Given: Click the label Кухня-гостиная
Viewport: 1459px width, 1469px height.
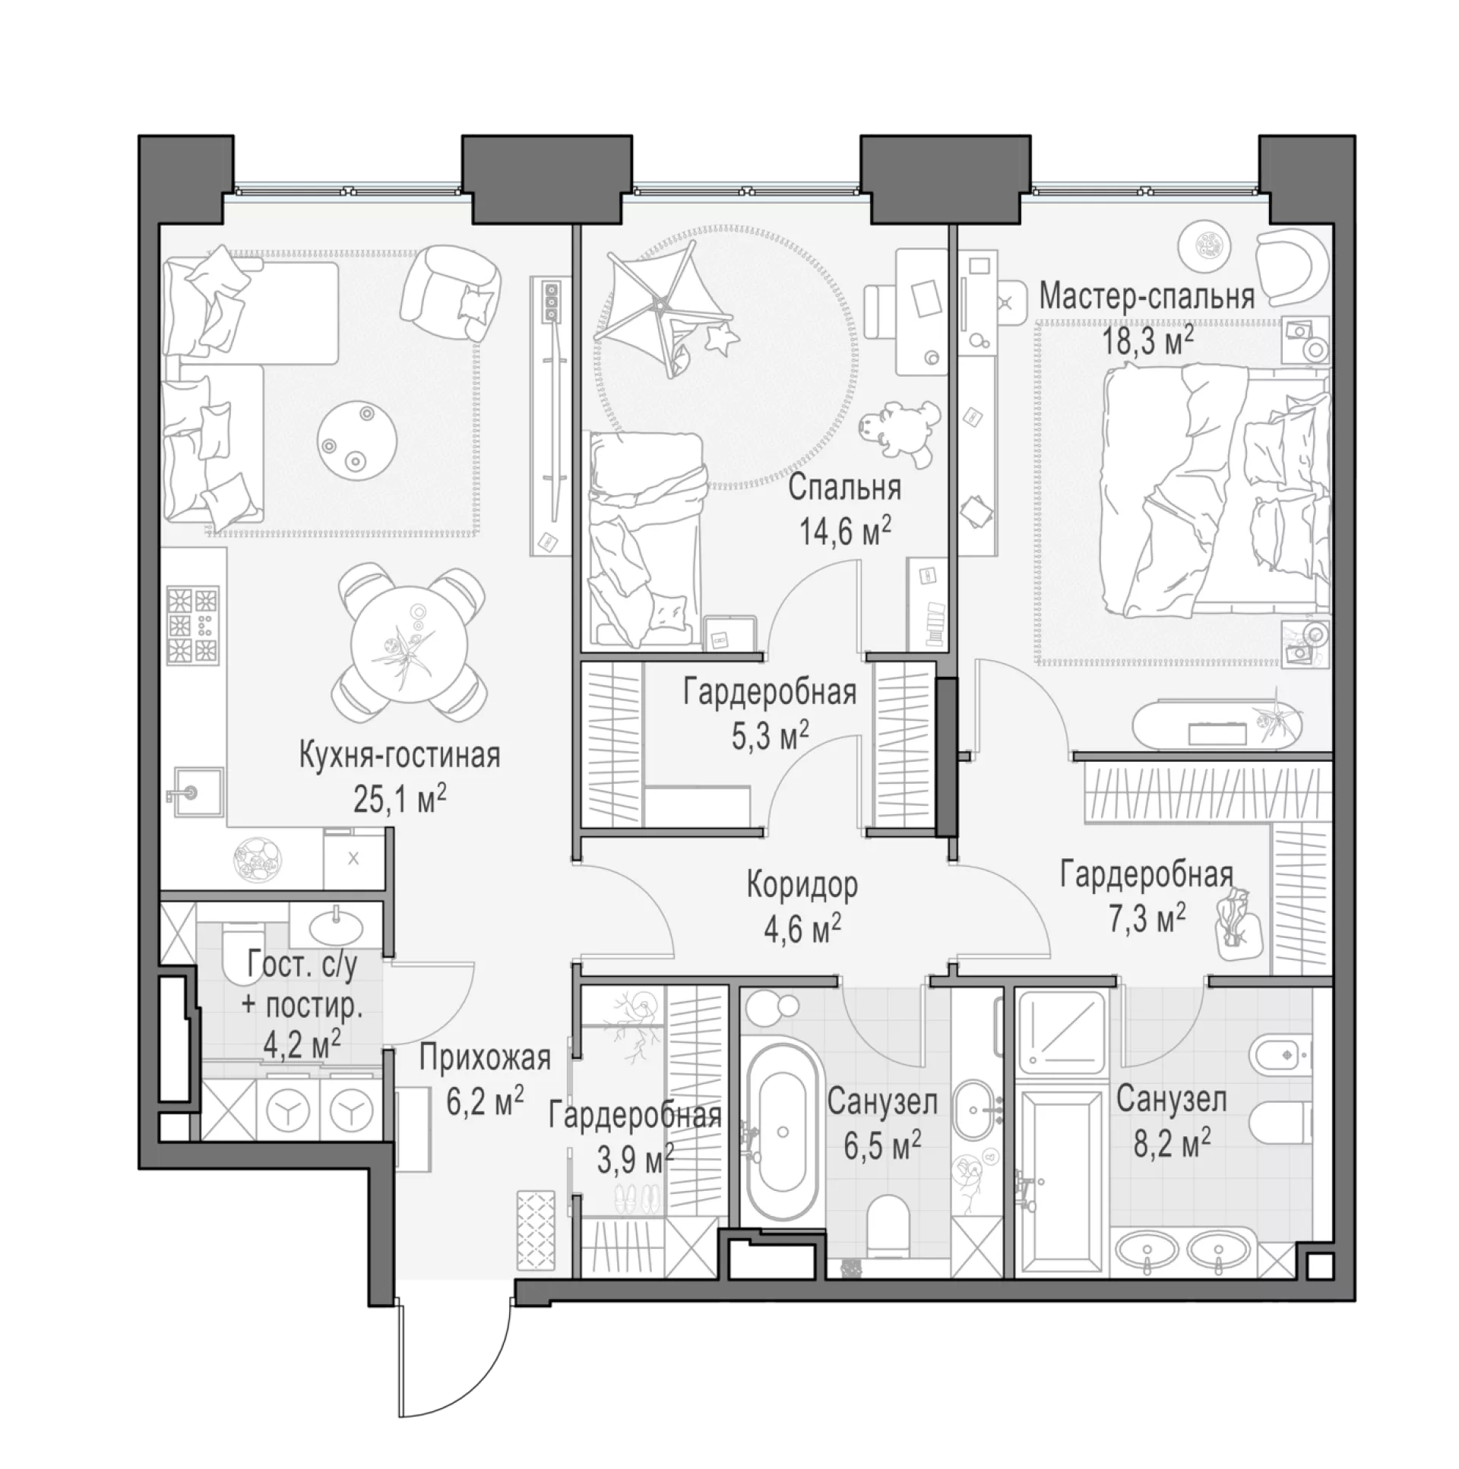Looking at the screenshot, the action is coord(400,757).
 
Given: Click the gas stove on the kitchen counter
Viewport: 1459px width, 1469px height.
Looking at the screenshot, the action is coord(193,625).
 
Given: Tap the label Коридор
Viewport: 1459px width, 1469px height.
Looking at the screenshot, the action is coord(802,886).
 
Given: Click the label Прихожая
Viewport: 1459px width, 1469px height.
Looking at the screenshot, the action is coord(486,1057).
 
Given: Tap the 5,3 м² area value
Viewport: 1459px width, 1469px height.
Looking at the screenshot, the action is coord(770,737).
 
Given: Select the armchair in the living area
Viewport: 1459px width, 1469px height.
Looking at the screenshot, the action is coord(451,291).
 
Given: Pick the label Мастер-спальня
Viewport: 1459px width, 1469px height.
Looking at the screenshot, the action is coord(1147,296).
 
